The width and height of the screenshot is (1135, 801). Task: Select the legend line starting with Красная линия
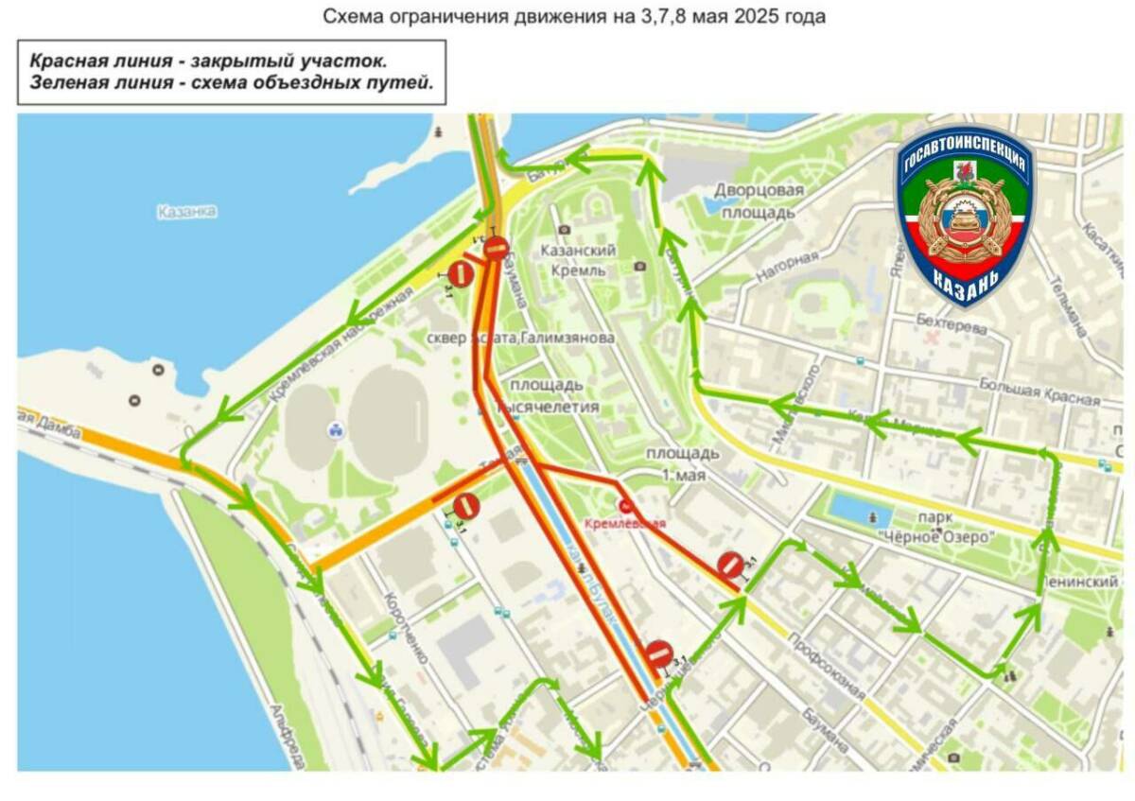(208, 61)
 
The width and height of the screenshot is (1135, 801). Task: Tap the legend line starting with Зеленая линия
(232, 82)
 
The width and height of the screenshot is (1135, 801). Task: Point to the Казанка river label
(187, 212)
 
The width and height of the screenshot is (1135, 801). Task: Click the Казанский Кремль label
(578, 260)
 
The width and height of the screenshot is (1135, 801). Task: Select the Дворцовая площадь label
(759, 200)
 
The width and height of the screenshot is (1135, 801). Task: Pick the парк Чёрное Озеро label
(933, 528)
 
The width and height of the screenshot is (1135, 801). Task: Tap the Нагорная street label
(786, 267)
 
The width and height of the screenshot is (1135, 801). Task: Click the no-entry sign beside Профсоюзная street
(730, 565)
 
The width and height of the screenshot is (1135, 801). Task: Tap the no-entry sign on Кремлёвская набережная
(461, 274)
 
